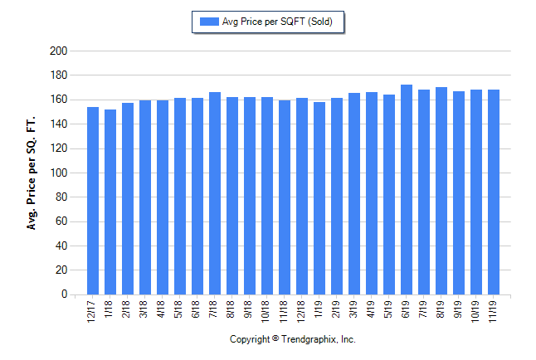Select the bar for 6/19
pos(407,190)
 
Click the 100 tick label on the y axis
pos(58,173)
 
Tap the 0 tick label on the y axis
pos(64,294)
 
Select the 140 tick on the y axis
pos(58,124)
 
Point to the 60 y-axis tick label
pos(61,221)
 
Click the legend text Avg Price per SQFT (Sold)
pos(277,22)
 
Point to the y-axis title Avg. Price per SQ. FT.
pos(32,173)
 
